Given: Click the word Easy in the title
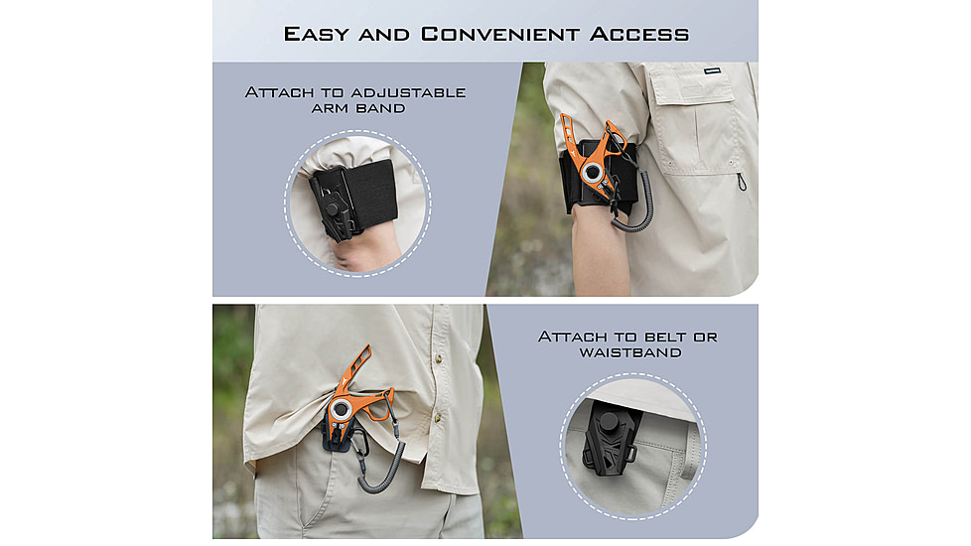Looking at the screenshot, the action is point(316,34).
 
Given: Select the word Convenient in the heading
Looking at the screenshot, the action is point(500,34).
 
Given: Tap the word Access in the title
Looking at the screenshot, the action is point(639,34).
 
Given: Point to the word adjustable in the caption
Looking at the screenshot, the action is point(409,93).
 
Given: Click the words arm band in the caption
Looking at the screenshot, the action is point(358,108).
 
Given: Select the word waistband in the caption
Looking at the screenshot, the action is point(630,352).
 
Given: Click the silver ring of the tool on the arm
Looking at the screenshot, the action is point(592,174).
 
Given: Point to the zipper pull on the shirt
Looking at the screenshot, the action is point(742,182).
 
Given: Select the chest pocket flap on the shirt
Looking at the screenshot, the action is point(690,86).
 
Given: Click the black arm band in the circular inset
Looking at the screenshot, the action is point(369,192).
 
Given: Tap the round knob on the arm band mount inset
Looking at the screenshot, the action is point(334,209).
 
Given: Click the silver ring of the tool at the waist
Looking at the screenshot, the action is point(340,409).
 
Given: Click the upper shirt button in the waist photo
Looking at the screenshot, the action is point(439,358).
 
